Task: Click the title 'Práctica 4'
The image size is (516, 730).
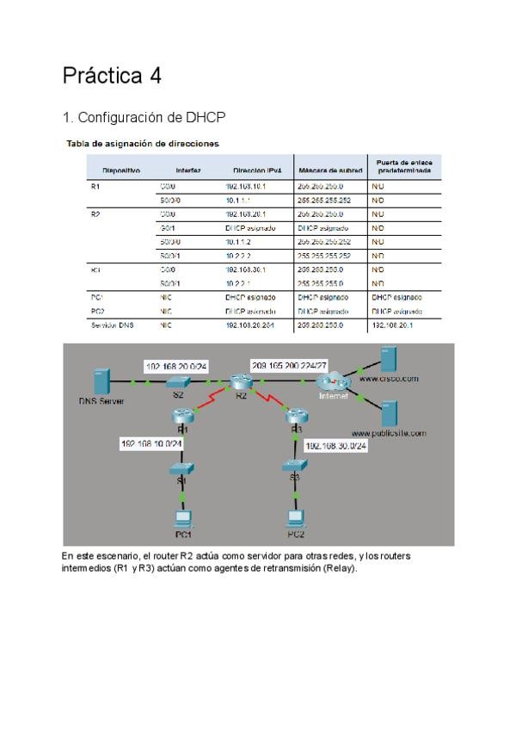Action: point(112,76)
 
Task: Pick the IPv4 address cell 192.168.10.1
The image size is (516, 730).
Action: point(246,186)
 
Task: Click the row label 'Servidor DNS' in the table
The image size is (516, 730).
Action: point(111,325)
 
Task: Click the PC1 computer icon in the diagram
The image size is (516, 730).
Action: point(181,519)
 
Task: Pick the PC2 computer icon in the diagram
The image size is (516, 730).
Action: point(296,519)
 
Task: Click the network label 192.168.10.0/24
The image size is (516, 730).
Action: point(152,442)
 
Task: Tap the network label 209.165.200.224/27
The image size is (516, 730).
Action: point(290,365)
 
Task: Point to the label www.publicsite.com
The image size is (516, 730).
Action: point(388,433)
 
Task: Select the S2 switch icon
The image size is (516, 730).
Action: point(179,381)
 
